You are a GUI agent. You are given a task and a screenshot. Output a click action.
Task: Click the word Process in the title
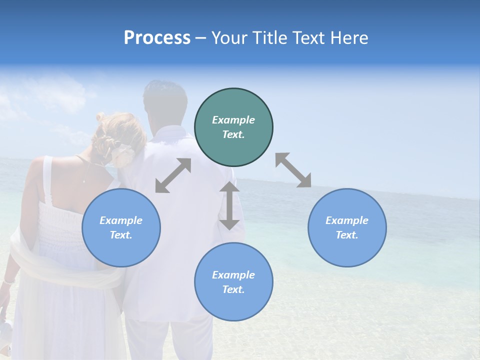click(x=157, y=38)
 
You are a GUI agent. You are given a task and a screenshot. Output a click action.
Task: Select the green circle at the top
click(x=233, y=127)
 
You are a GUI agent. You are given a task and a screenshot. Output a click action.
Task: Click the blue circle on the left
click(x=121, y=228)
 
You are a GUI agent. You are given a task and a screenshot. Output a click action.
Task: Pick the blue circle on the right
click(x=347, y=228)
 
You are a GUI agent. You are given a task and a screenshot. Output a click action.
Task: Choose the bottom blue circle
click(x=233, y=282)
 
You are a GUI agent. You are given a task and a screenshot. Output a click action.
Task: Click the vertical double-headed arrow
click(x=229, y=205)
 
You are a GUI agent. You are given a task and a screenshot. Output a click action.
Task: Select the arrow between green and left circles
click(x=173, y=175)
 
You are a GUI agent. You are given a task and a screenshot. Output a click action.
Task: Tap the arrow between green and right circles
click(x=293, y=170)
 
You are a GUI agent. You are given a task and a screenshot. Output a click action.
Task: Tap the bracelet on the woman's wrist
click(x=8, y=282)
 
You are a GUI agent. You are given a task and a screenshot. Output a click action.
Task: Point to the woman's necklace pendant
click(x=84, y=180)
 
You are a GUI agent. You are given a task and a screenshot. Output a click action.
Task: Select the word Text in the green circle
click(x=233, y=135)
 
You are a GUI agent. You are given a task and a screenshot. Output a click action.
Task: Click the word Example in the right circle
click(x=347, y=220)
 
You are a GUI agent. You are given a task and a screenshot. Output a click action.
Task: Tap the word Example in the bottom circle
click(x=233, y=275)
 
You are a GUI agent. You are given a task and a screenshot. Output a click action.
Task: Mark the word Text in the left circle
click(x=121, y=235)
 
